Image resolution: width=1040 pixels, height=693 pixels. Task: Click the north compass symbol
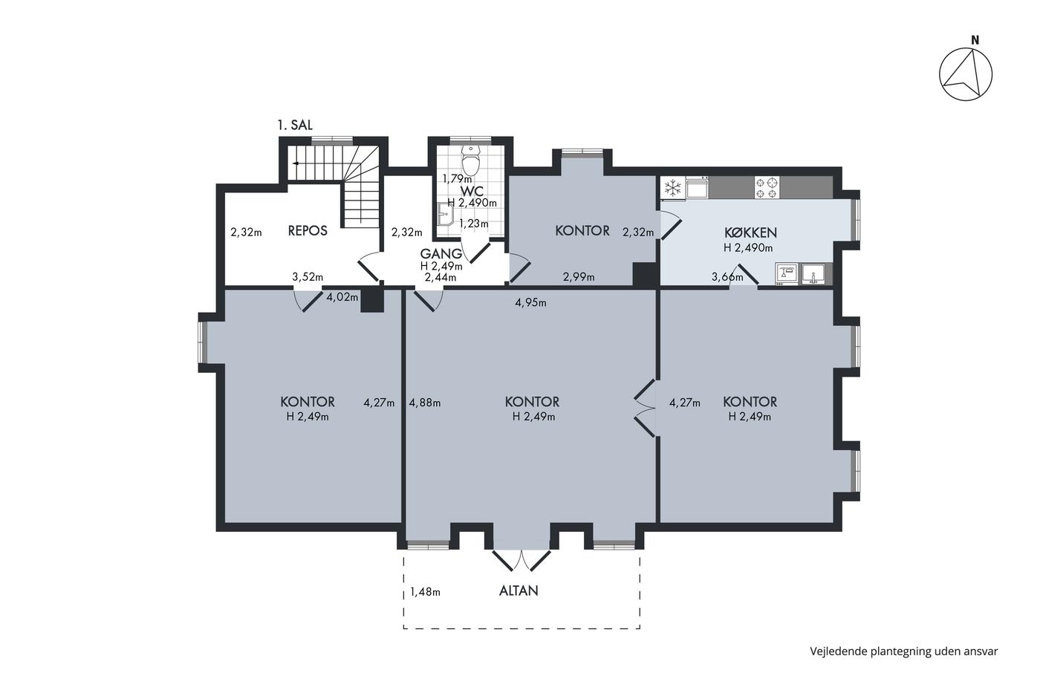pyautogui.click(x=965, y=74)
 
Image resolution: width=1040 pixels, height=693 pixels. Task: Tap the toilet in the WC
pyautogui.click(x=471, y=160)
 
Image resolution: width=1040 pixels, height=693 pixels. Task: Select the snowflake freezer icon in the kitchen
pyautogui.click(x=673, y=188)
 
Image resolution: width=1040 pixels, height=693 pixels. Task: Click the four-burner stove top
pyautogui.click(x=767, y=187)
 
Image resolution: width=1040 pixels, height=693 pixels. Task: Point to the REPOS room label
pyautogui.click(x=308, y=231)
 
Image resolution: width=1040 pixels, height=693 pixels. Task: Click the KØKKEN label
pyautogui.click(x=750, y=232)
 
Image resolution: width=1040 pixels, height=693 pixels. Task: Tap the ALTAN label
pyautogui.click(x=519, y=591)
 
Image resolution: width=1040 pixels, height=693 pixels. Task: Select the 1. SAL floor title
pyautogui.click(x=295, y=125)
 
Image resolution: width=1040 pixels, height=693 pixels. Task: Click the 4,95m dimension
pyautogui.click(x=530, y=303)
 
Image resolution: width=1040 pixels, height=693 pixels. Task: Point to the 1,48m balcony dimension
pyautogui.click(x=425, y=592)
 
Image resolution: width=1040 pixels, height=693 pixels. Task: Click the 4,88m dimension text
pyautogui.click(x=425, y=403)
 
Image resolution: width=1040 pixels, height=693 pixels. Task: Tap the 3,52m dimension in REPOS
pyautogui.click(x=308, y=277)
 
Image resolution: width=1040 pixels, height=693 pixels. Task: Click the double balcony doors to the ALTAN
pyautogui.click(x=521, y=560)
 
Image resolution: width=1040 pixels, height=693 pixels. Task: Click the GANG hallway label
pyautogui.click(x=441, y=254)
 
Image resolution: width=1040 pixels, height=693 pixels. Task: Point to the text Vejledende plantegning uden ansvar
pyautogui.click(x=904, y=651)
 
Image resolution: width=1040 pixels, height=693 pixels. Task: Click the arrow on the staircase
pyautogui.click(x=296, y=163)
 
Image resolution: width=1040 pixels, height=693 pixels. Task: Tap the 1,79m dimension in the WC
pyautogui.click(x=457, y=179)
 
